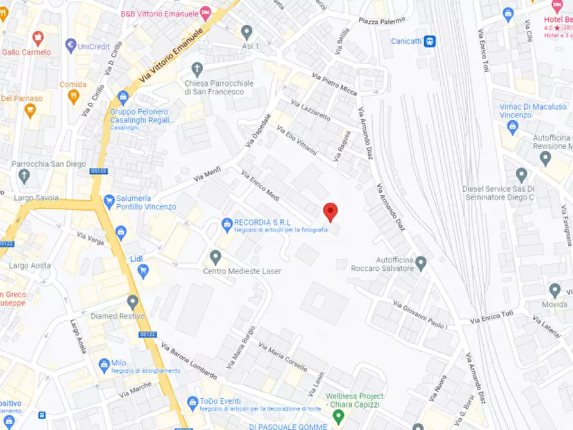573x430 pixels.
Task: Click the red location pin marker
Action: pyautogui.click(x=330, y=211)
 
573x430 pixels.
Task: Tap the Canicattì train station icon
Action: pyautogui.click(x=430, y=42)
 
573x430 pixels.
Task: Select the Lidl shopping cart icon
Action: pyautogui.click(x=143, y=271)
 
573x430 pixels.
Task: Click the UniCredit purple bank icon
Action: pyautogui.click(x=71, y=46)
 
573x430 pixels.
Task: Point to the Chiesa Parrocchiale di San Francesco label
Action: pyautogui.click(x=219, y=87)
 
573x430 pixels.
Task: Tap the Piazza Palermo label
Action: pyautogui.click(x=382, y=21)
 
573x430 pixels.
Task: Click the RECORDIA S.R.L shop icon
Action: pyautogui.click(x=227, y=224)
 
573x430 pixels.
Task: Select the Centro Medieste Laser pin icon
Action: pyautogui.click(x=216, y=257)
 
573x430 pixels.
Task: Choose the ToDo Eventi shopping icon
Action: pyautogui.click(x=192, y=403)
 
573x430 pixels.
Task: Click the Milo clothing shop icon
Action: pyautogui.click(x=103, y=365)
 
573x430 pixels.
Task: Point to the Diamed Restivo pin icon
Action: pyautogui.click(x=132, y=302)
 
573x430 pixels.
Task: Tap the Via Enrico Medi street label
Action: pyautogui.click(x=260, y=185)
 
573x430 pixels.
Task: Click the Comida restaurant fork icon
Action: pyautogui.click(x=73, y=97)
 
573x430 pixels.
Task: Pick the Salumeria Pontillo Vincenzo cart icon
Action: pyautogui.click(x=108, y=202)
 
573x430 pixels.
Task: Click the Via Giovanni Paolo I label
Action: pyautogui.click(x=420, y=314)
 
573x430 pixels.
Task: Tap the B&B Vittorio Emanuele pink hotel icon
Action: pyautogui.click(x=205, y=13)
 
